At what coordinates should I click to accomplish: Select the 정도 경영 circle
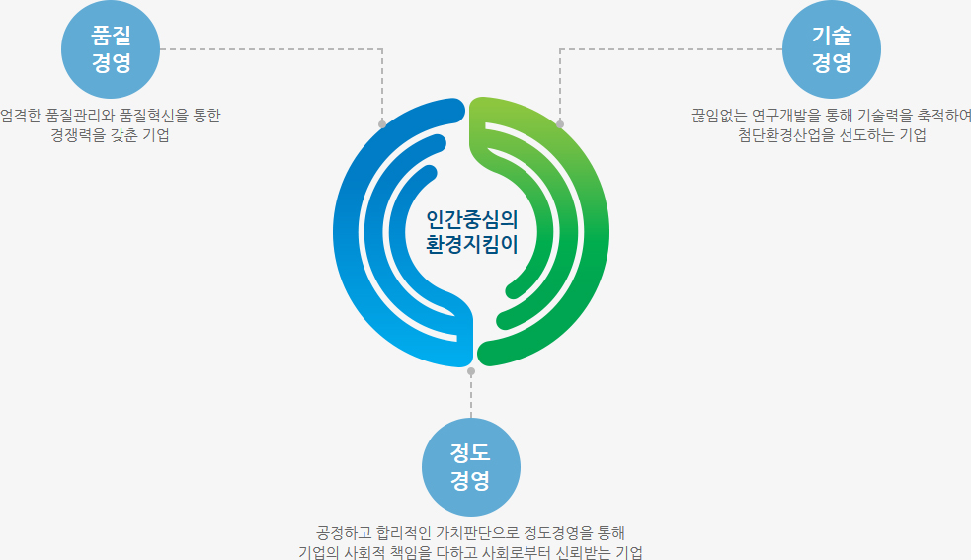point(470,467)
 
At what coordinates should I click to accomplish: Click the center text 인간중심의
point(471,219)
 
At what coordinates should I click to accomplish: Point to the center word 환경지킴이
point(471,243)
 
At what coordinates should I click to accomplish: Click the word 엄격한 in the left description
point(21,116)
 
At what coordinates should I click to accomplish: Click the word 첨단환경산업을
point(772,136)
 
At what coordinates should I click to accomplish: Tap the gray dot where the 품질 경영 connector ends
point(382,124)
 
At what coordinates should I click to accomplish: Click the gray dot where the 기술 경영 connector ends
point(560,124)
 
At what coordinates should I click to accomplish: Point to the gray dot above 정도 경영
point(471,371)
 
